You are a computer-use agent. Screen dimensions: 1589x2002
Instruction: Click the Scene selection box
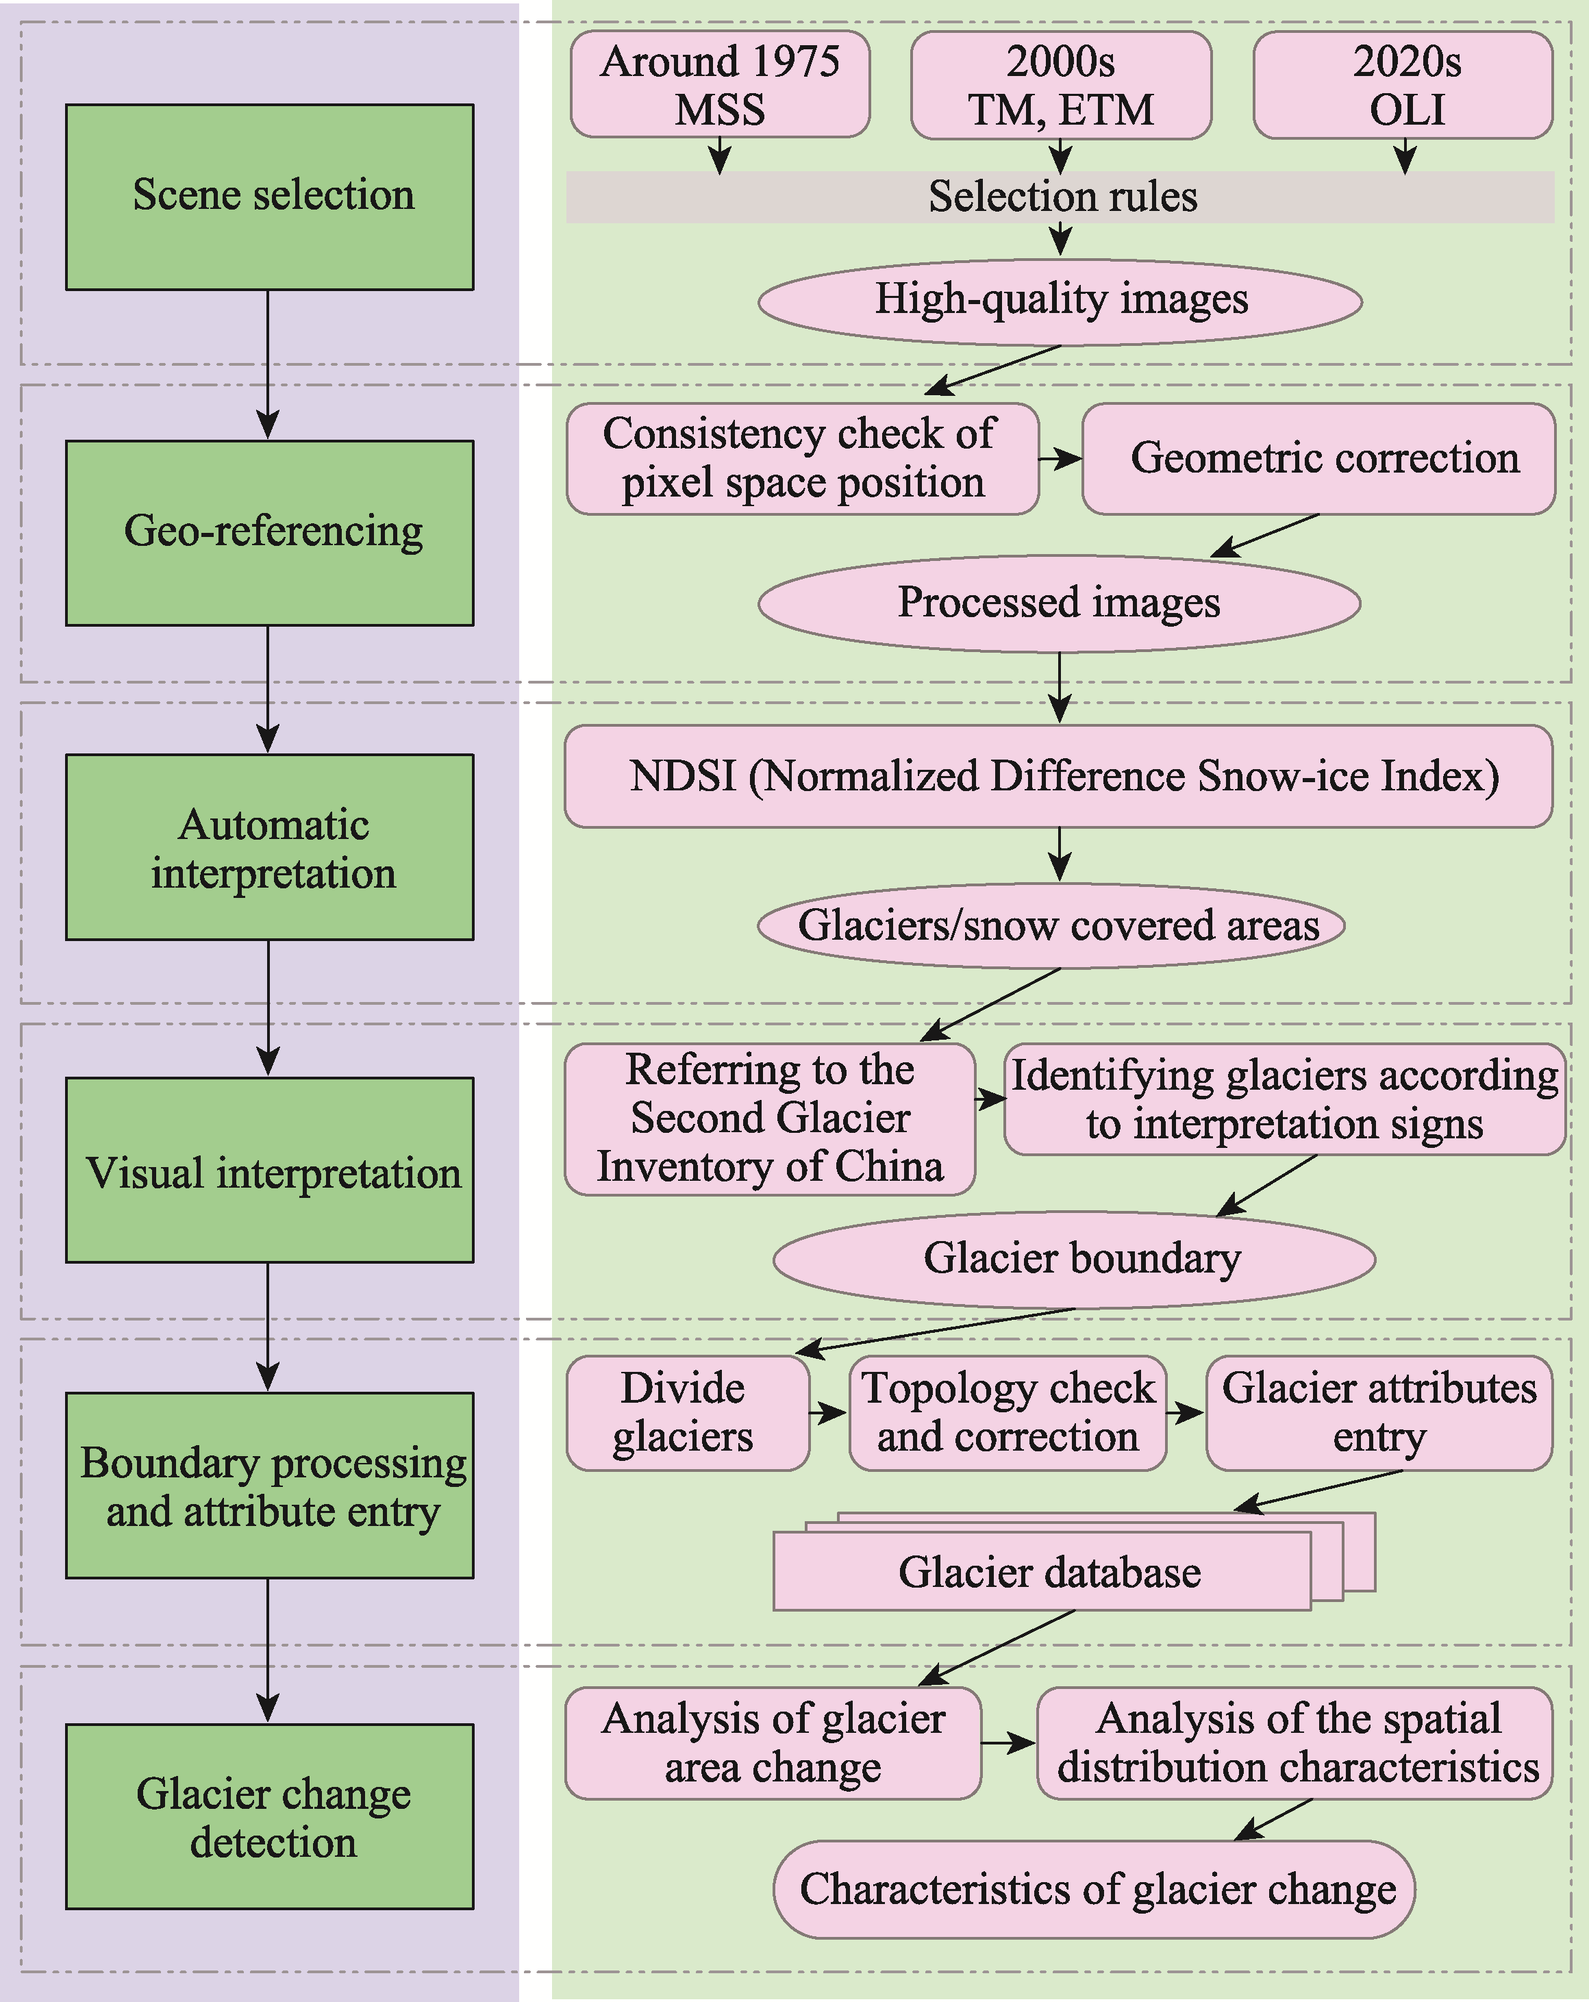point(269,197)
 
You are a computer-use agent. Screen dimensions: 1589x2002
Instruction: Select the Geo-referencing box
point(269,533)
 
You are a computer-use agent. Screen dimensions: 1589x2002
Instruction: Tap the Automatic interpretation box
point(269,847)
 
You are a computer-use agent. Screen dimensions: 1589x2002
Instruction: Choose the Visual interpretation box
point(269,1170)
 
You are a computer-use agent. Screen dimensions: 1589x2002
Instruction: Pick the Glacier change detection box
point(269,1817)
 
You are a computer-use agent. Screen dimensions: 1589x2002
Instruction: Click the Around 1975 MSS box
point(720,84)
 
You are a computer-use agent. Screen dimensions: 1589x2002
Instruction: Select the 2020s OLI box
point(1403,84)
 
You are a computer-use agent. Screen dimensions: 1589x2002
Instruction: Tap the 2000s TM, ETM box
point(1062,84)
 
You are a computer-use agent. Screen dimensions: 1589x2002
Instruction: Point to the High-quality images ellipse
point(1060,302)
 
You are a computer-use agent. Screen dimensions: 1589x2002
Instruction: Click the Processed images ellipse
point(1060,603)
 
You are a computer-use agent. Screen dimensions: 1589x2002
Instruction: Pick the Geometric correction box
point(1318,459)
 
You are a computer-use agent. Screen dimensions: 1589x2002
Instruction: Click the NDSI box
point(1059,776)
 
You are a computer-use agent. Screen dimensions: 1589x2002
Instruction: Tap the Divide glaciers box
point(688,1413)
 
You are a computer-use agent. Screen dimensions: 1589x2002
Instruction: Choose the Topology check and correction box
point(1008,1413)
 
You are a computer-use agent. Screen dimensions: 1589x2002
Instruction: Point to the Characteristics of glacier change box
point(1094,1889)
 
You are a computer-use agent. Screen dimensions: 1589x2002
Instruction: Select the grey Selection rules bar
point(1060,197)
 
